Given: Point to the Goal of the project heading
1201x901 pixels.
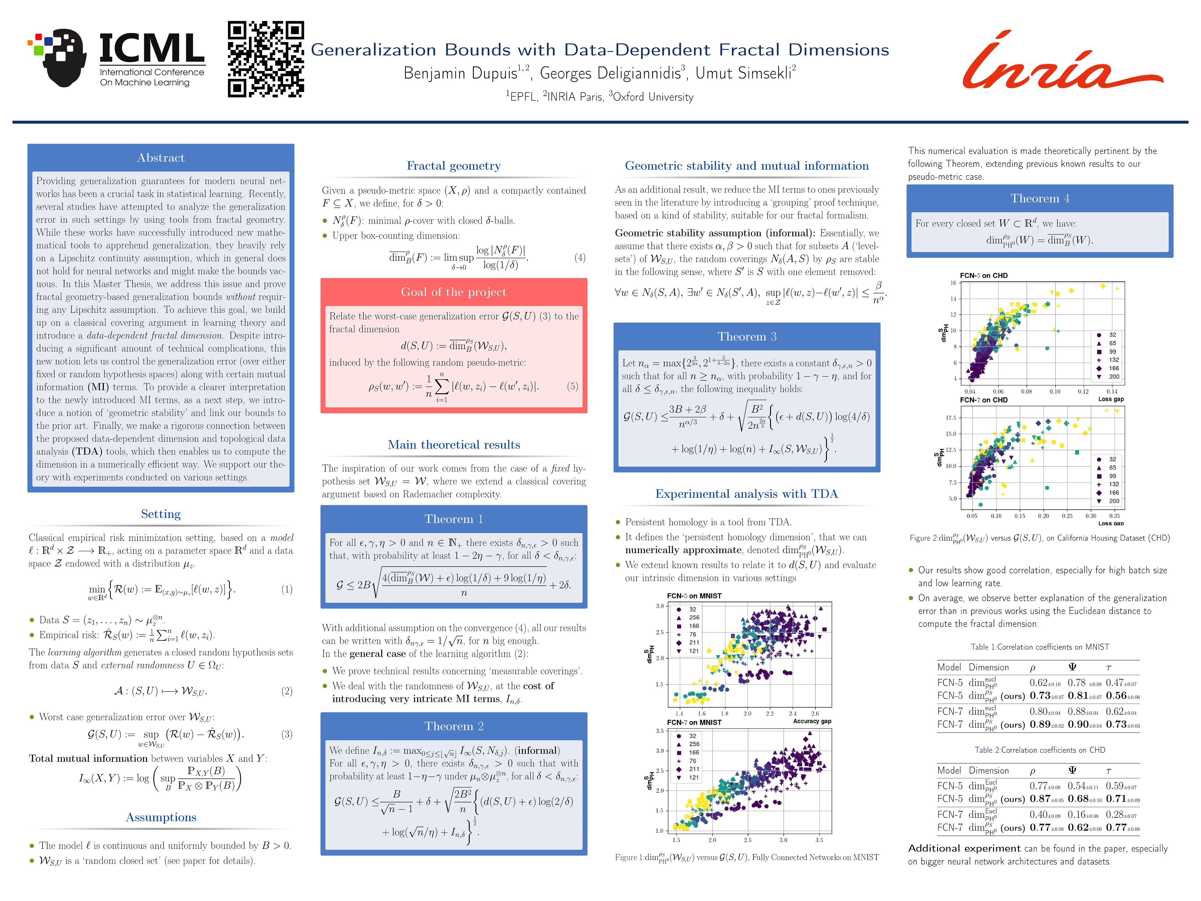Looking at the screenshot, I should pyautogui.click(x=454, y=292).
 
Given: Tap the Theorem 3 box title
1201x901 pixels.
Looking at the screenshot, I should pyautogui.click(x=747, y=337).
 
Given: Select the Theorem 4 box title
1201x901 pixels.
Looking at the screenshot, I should pyautogui.click(x=1039, y=199).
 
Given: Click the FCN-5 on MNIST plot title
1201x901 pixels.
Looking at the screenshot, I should pyautogui.click(x=694, y=596).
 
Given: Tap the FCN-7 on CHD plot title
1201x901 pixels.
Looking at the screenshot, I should pyautogui.click(x=983, y=400).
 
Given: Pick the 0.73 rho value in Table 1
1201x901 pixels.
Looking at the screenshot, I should pyautogui.click(x=1039, y=696).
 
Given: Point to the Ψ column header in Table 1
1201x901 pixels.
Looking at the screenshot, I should pyautogui.click(x=1072, y=667).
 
